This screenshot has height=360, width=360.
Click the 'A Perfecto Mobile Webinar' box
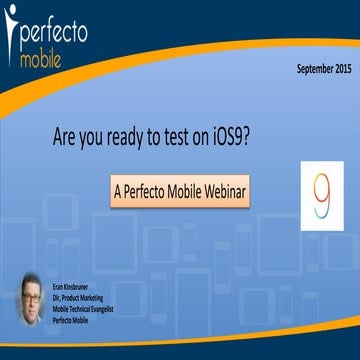[x=180, y=188]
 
